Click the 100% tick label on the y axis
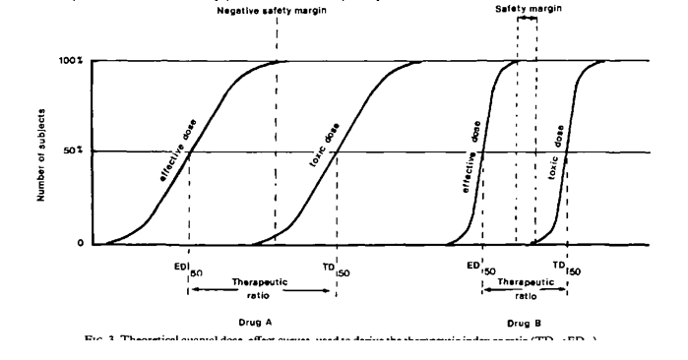tap(72, 61)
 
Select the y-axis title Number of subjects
tap(42, 151)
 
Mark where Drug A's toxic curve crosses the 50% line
tap(337, 152)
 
